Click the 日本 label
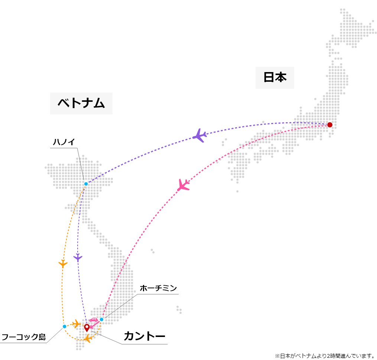(x=274, y=77)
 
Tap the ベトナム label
(x=80, y=104)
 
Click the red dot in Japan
(x=329, y=124)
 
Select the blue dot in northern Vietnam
(x=86, y=184)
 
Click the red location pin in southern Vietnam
(x=87, y=328)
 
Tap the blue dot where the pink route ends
(x=101, y=319)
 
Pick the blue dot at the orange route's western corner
(x=64, y=327)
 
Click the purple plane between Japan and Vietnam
(x=199, y=136)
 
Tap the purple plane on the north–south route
(x=77, y=257)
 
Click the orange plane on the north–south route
(x=62, y=263)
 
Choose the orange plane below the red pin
(x=88, y=338)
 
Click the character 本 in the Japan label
(x=281, y=77)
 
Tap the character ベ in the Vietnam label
(x=63, y=104)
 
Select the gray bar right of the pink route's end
(x=157, y=294)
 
